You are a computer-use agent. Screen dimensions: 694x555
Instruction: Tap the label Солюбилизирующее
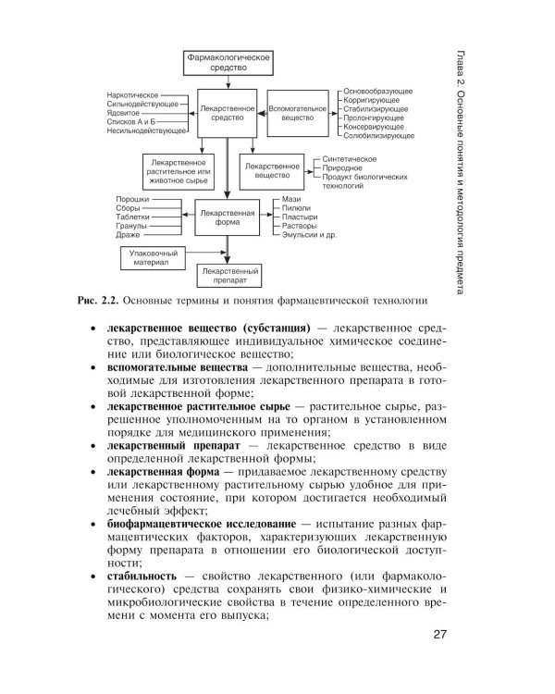click(x=377, y=136)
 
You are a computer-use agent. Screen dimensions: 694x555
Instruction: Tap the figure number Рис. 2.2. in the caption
click(x=96, y=301)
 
